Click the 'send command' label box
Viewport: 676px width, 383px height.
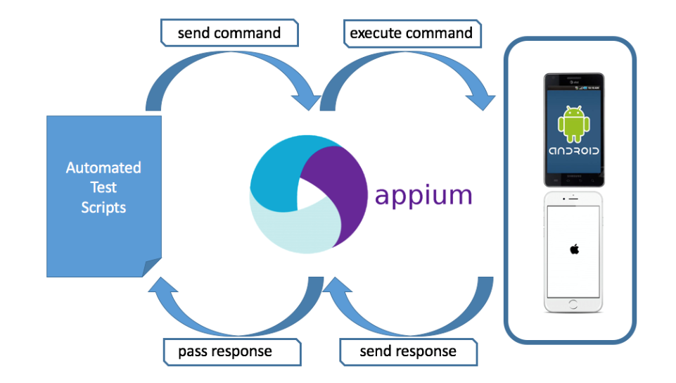click(229, 33)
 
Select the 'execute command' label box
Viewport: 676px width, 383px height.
click(411, 33)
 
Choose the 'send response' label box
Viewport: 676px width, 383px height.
click(408, 351)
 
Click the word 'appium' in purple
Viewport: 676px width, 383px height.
click(423, 194)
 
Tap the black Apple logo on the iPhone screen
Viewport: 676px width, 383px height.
click(574, 249)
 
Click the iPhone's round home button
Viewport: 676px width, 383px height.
click(574, 304)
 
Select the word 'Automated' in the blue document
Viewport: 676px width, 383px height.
click(103, 168)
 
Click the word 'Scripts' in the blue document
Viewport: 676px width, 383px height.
click(103, 207)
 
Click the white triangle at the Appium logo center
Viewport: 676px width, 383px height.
click(305, 193)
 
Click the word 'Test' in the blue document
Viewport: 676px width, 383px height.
click(103, 187)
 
